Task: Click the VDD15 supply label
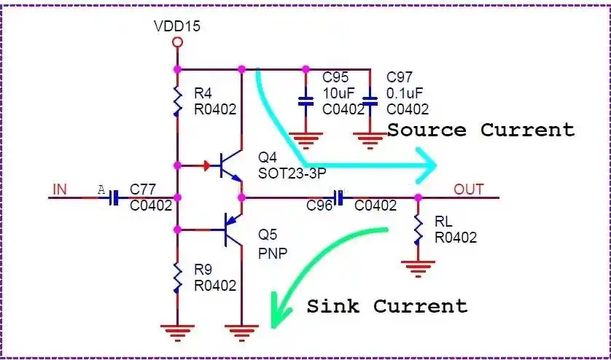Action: [176, 26]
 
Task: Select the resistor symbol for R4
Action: [176, 101]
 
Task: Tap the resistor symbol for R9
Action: [176, 277]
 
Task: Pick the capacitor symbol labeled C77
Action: [114, 197]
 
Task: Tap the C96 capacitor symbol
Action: [339, 197]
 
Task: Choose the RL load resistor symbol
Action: [418, 229]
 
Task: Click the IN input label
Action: [59, 190]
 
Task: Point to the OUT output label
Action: [469, 189]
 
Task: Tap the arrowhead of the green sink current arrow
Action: [276, 313]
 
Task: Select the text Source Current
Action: [480, 130]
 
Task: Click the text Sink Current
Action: [386, 305]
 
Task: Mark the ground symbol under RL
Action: [418, 267]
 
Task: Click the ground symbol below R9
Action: [176, 332]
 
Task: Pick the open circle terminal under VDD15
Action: [176, 42]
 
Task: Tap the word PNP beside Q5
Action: [273, 253]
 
